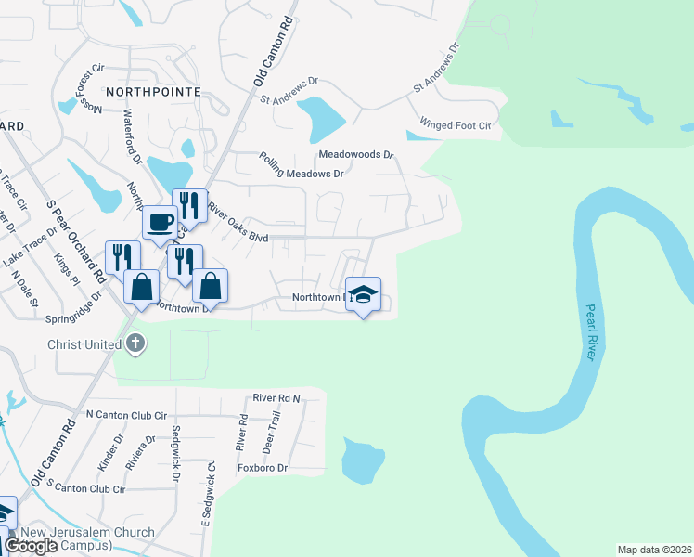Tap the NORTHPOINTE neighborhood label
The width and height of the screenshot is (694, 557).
153,92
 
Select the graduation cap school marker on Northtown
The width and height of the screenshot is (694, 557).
364,294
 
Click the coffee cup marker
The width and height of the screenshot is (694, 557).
160,224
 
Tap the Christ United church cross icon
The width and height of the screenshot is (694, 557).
135,344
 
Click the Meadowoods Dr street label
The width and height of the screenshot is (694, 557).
356,154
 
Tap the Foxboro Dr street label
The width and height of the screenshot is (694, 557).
263,468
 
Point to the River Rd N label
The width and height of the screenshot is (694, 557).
277,398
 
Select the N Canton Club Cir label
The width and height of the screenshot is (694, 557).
125,415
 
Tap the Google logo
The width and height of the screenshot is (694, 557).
31,546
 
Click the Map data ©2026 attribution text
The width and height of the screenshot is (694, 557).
654,550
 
